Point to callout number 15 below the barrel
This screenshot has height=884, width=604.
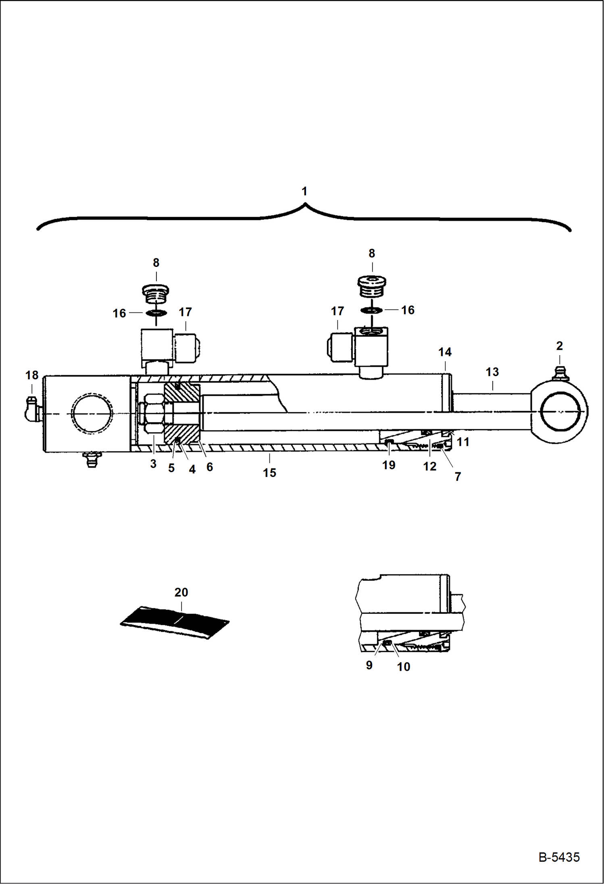tap(269, 472)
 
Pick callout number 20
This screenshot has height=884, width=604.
tap(181, 592)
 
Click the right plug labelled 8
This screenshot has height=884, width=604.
tap(372, 286)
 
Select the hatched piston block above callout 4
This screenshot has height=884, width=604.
tap(182, 413)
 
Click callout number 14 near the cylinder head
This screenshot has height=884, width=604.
tap(445, 352)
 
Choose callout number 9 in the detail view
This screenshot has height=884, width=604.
tap(369, 665)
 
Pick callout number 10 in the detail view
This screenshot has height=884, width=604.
tap(403, 667)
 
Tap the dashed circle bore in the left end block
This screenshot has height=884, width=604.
tap(92, 414)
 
